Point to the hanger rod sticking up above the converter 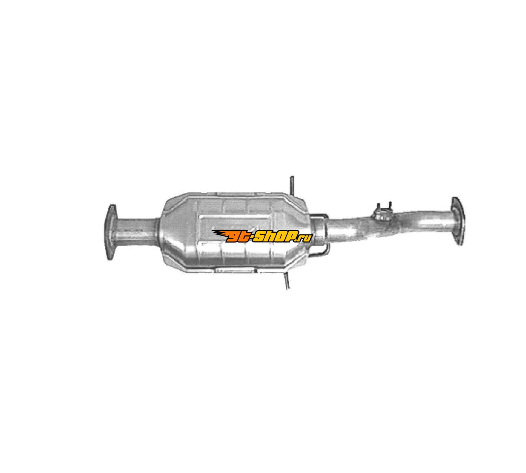click(292, 186)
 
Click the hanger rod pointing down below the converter click(287, 280)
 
